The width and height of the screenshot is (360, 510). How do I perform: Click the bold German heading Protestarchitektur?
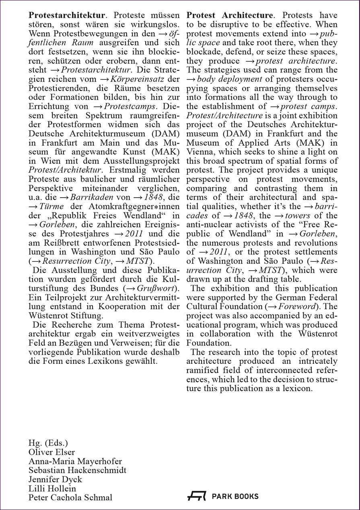pyautogui.click(x=67, y=16)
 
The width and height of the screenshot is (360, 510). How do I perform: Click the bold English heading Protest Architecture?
pyautogui.click(x=230, y=16)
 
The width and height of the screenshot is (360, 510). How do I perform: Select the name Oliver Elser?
pyautogui.click(x=51, y=452)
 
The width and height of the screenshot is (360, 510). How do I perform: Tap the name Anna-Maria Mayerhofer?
pyautogui.click(x=75, y=461)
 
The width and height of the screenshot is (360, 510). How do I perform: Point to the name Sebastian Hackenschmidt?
pyautogui.click(x=77, y=470)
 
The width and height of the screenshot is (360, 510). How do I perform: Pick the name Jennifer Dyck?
pyautogui.click(x=55, y=479)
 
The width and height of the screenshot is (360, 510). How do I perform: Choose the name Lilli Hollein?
pyautogui.click(x=52, y=488)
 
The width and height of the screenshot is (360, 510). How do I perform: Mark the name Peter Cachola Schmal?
pyautogui.click(x=70, y=498)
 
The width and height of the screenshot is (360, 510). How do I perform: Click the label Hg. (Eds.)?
pyautogui.click(x=48, y=443)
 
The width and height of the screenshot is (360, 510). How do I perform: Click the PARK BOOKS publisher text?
pyautogui.click(x=235, y=497)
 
